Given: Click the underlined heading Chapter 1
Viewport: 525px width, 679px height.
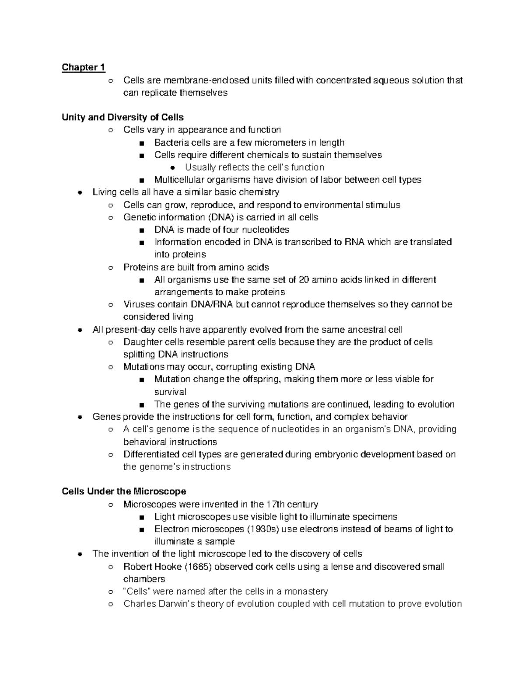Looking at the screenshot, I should tap(83, 67).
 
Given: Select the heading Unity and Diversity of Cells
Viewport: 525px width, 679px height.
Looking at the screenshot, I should tap(122, 117).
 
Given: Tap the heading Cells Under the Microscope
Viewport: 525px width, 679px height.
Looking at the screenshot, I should tap(124, 491).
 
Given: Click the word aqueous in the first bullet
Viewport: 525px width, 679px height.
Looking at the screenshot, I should tap(390, 80).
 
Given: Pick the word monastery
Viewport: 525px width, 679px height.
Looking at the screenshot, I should tap(306, 592).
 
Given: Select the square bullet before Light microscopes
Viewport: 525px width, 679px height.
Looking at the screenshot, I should tap(141, 517).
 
